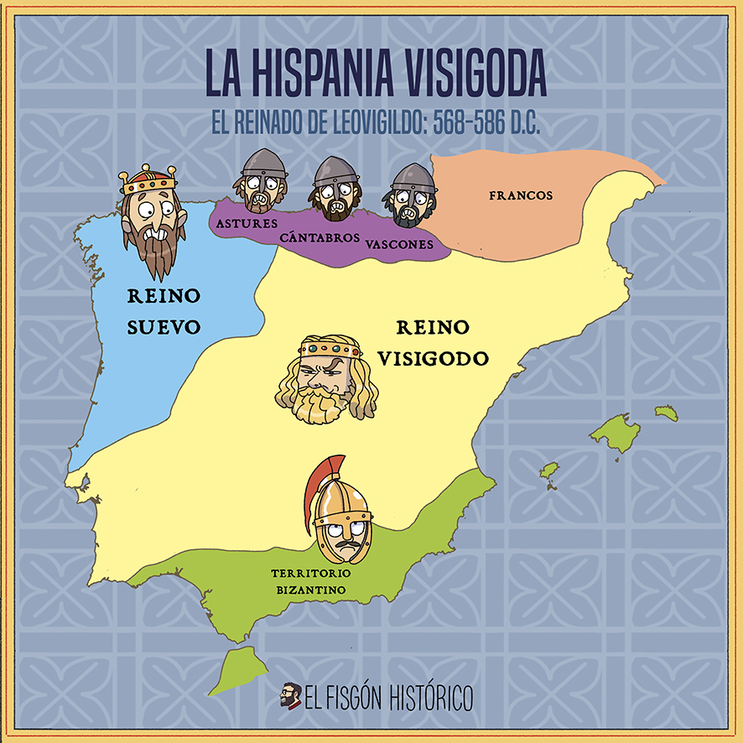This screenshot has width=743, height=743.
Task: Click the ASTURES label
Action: pyautogui.click(x=247, y=224)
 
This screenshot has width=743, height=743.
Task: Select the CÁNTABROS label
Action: pyautogui.click(x=320, y=238)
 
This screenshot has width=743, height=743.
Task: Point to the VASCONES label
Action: pyautogui.click(x=399, y=245)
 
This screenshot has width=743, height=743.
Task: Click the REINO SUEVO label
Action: pyautogui.click(x=164, y=310)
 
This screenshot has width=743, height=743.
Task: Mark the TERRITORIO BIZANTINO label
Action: pyautogui.click(x=309, y=582)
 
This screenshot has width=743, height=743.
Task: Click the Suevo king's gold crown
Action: pyautogui.click(x=149, y=179)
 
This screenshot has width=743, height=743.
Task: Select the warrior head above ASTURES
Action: pyautogui.click(x=261, y=182)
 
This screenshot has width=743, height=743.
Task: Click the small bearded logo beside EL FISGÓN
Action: pyautogui.click(x=291, y=695)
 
